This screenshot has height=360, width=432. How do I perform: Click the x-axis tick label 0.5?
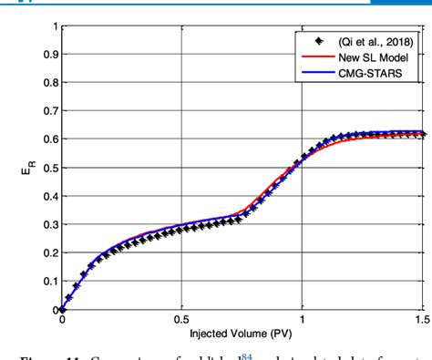(x=182, y=320)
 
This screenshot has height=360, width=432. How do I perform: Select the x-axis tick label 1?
(x=303, y=320)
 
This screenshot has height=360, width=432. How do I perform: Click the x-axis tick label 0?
(x=62, y=320)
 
